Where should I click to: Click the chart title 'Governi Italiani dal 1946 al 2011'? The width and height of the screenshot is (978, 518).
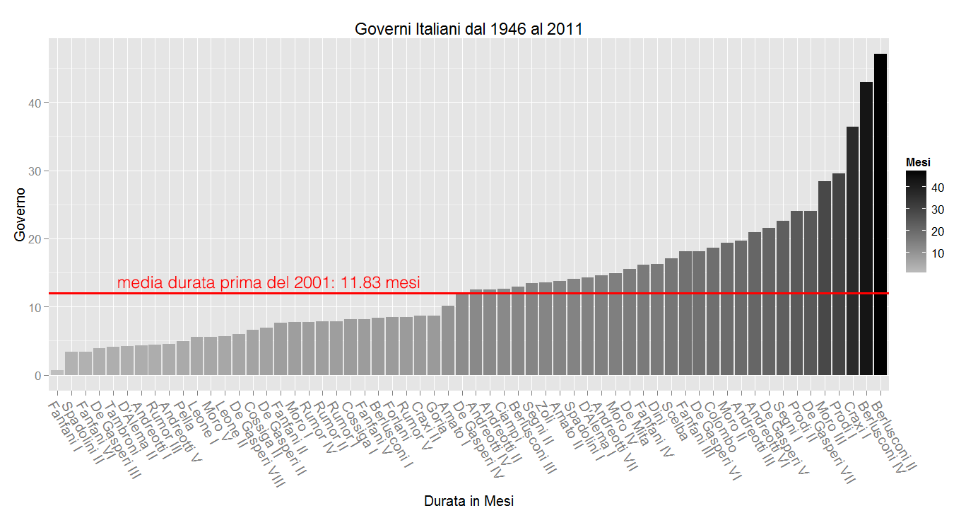pos(469,29)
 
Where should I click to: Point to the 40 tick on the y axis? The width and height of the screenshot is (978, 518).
pos(39,103)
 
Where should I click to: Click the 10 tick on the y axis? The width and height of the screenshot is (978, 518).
pos(39,307)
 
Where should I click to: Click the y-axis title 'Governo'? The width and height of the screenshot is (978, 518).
pos(20,214)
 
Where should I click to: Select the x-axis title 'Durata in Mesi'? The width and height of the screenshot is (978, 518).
pos(469,501)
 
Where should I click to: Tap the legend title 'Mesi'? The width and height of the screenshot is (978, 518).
pos(918,162)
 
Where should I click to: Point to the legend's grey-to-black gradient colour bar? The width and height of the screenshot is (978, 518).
pos(916,221)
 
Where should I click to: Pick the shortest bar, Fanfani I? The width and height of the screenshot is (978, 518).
pos(57,372)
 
